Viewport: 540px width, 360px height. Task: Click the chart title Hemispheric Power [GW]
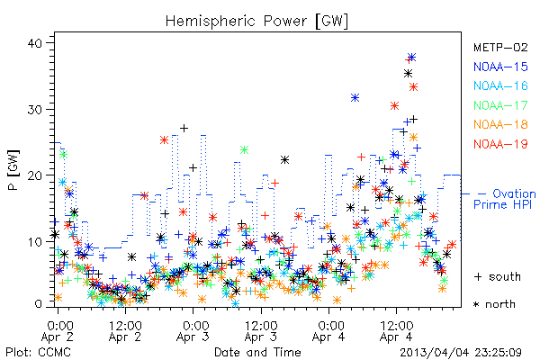tap(256, 22)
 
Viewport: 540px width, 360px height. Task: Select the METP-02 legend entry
tap(500, 47)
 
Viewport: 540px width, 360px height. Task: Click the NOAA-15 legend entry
tap(500, 67)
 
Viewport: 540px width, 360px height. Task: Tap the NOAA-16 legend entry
tap(500, 85)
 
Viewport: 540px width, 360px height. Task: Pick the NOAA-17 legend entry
tap(500, 105)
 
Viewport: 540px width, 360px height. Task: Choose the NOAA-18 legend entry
tap(500, 124)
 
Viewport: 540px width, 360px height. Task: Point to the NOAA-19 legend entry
tap(500, 144)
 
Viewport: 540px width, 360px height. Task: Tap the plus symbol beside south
tap(478, 276)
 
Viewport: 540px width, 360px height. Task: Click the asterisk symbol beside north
tap(476, 304)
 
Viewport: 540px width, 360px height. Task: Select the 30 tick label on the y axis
tap(35, 110)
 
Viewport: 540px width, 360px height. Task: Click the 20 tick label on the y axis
tap(35, 175)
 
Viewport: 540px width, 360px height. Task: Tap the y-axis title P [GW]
tap(13, 170)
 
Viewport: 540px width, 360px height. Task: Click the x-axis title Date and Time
tap(257, 353)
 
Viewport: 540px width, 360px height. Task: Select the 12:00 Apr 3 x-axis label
tap(261, 331)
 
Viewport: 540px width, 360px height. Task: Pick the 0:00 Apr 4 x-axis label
tap(328, 331)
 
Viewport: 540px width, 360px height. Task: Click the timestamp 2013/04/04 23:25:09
tap(461, 353)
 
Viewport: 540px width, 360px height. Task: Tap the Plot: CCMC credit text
tap(38, 353)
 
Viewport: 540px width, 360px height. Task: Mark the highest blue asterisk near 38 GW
tap(411, 57)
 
